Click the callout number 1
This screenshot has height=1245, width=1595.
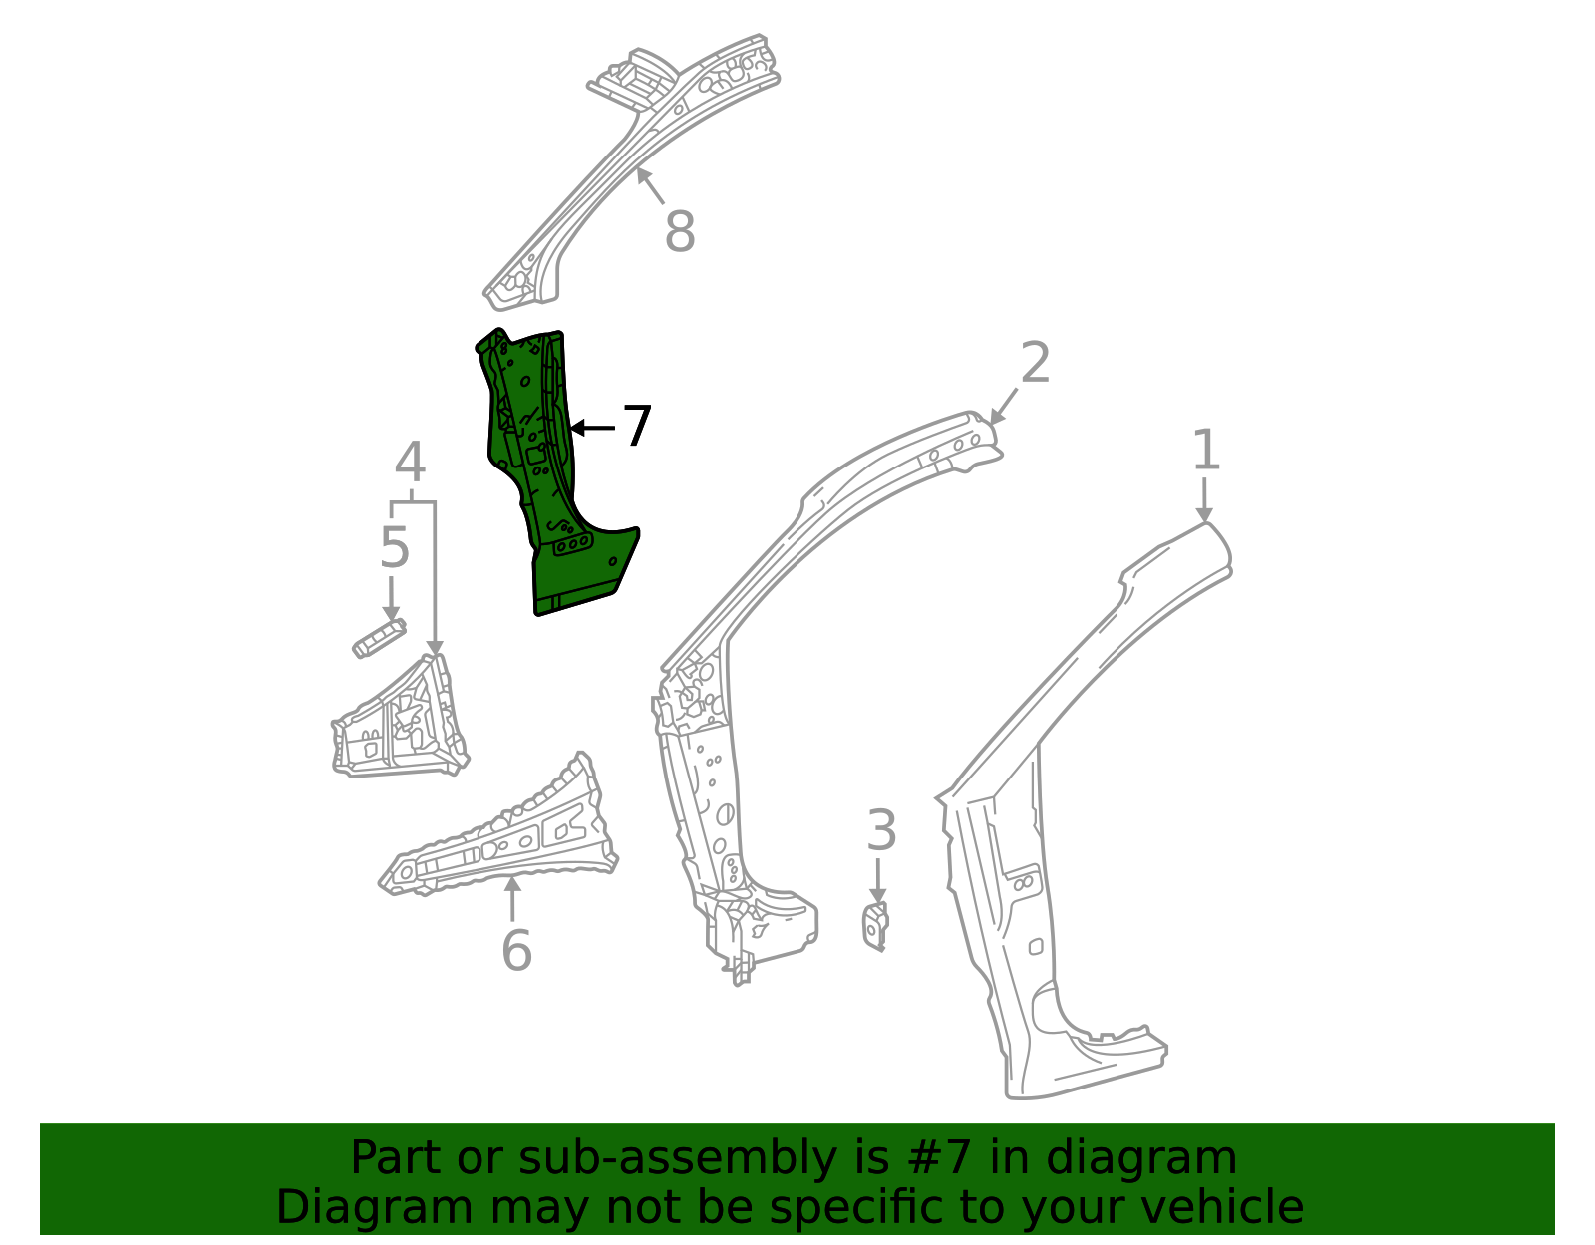(x=1206, y=451)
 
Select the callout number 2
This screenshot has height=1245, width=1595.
(x=1035, y=363)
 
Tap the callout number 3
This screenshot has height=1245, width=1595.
(x=880, y=831)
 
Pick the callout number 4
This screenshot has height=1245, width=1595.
(x=410, y=464)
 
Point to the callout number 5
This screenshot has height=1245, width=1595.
(x=395, y=548)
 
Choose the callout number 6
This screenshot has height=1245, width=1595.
(x=516, y=950)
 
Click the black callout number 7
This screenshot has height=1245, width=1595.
(x=637, y=427)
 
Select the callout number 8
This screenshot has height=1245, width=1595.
(x=679, y=233)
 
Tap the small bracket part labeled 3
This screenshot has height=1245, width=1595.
(x=875, y=925)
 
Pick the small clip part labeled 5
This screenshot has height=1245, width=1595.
(x=379, y=637)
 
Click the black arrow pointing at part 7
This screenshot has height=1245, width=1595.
(x=592, y=428)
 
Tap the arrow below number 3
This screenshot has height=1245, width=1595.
(x=878, y=882)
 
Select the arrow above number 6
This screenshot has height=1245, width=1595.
(x=513, y=897)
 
